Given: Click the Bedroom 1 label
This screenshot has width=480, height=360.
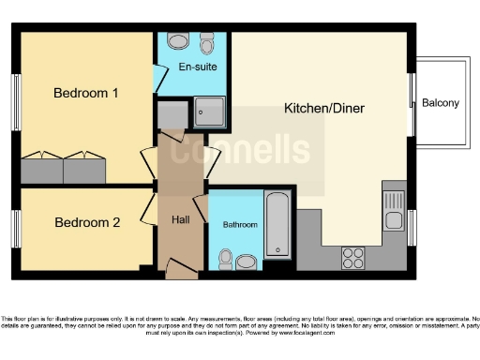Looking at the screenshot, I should [85, 94].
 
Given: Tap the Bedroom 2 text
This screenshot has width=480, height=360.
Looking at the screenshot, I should [87, 223].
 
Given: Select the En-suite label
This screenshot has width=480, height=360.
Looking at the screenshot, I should [192, 67].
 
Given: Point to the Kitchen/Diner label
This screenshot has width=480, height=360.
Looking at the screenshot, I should [324, 109].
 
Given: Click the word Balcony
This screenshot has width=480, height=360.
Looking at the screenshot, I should [441, 103].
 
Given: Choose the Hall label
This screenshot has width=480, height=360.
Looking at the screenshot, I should [182, 219].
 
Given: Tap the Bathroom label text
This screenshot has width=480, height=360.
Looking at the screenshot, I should [239, 226].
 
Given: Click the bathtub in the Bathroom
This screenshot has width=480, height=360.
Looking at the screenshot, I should [277, 225].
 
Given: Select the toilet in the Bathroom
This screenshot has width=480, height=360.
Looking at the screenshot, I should [225, 258].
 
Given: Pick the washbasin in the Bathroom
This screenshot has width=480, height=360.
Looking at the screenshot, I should [247, 262].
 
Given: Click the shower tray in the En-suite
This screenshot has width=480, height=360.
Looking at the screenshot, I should [210, 113].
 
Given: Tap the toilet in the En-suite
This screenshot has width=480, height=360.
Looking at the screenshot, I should [207, 43].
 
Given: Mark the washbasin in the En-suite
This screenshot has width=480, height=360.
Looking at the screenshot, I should [178, 41].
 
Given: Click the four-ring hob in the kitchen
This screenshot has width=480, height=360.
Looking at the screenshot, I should [353, 257].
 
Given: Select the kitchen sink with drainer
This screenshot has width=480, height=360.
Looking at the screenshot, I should [394, 210].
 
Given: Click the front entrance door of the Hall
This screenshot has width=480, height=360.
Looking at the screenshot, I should [181, 272].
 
